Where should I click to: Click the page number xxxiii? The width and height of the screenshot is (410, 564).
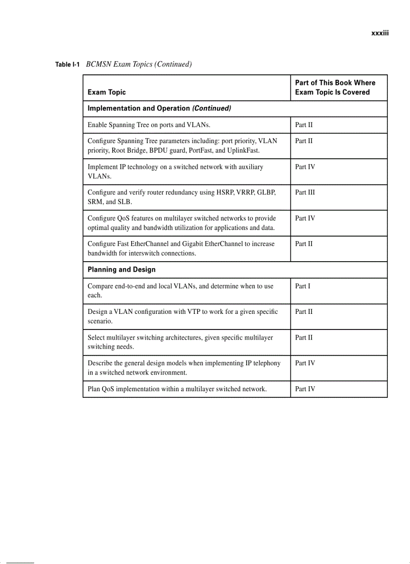point(380,34)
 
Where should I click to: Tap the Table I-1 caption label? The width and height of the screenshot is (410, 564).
point(68,64)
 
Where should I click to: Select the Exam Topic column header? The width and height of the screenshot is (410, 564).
point(107,92)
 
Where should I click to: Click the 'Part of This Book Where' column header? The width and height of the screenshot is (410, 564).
point(335,83)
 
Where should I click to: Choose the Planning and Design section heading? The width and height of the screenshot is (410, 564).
point(122,270)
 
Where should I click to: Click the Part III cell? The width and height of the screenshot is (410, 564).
point(305,192)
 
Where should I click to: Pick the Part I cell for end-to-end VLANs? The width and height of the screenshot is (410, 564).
point(302,286)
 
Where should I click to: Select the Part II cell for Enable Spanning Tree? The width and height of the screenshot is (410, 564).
point(303,125)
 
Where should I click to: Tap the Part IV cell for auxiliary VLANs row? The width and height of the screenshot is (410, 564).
point(305,167)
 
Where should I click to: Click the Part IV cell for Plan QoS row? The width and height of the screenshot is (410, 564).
point(305,389)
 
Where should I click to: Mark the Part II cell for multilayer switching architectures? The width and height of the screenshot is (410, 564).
point(303,337)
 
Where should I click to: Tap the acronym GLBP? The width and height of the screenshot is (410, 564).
point(266,192)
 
